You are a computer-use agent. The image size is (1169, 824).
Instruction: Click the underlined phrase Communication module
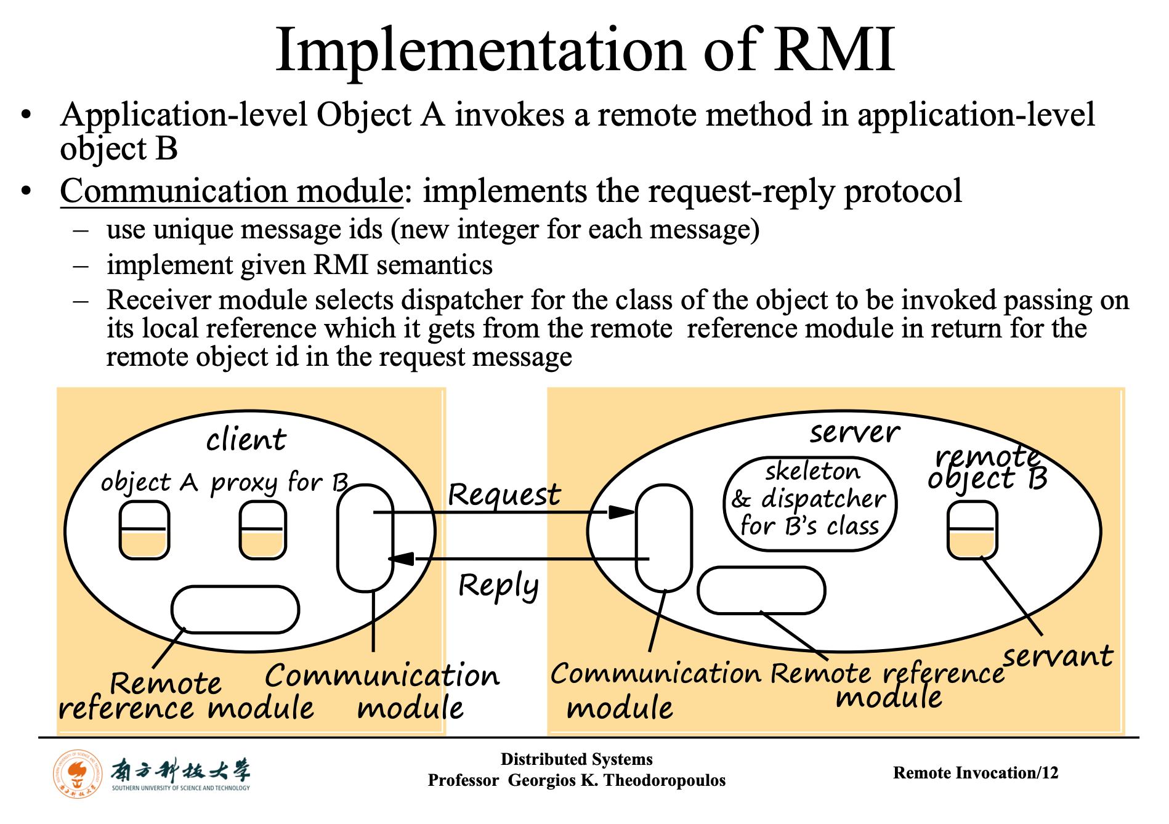click(x=232, y=191)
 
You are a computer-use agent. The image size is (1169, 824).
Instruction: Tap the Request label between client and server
click(x=504, y=494)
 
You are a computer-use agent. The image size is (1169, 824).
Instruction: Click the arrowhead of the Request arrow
click(x=621, y=512)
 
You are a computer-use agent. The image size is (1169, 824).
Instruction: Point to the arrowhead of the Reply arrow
click(x=401, y=559)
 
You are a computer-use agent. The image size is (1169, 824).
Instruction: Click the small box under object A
click(x=144, y=530)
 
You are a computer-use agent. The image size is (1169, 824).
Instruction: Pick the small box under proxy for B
click(x=263, y=530)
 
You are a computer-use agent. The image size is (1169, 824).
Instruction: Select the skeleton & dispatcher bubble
click(x=810, y=504)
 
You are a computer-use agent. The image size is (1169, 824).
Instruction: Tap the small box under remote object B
click(x=972, y=530)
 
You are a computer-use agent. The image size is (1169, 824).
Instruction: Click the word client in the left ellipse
click(x=246, y=440)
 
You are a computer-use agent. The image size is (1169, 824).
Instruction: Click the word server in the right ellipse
click(x=855, y=432)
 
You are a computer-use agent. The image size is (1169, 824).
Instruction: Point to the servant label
click(x=1058, y=656)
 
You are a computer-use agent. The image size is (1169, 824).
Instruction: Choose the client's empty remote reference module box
click(x=235, y=610)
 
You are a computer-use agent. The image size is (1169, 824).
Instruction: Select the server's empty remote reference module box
click(x=761, y=591)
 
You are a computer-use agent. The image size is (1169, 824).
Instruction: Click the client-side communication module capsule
click(x=365, y=538)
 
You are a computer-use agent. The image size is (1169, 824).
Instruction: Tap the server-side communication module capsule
click(x=664, y=538)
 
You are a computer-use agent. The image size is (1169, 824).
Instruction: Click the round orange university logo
click(x=78, y=774)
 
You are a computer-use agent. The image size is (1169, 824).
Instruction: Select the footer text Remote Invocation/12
click(x=976, y=773)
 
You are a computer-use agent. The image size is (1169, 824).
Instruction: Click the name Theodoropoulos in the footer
click(x=665, y=780)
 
